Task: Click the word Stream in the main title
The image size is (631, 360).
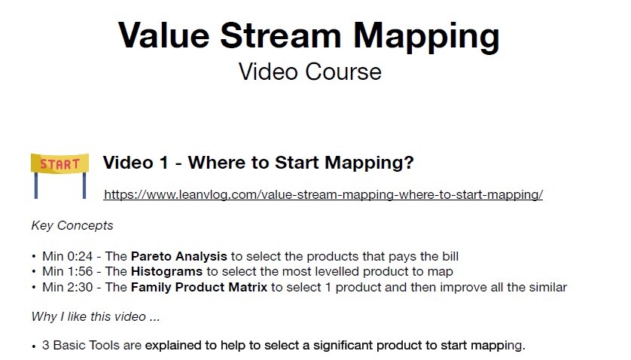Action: [x=281, y=35]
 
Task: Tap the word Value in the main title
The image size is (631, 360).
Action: [x=164, y=35]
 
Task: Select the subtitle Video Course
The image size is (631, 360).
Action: [x=310, y=72]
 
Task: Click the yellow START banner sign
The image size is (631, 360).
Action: [x=60, y=163]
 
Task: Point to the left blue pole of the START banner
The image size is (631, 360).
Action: [x=36, y=185]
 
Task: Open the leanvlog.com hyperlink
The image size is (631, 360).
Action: [x=323, y=194]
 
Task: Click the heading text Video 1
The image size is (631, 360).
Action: [x=136, y=163]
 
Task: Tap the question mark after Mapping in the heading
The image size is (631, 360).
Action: [x=408, y=162]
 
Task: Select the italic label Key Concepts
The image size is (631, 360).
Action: [x=72, y=225]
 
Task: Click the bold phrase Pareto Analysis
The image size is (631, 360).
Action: [x=179, y=257]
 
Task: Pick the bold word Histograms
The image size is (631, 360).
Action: [x=166, y=271]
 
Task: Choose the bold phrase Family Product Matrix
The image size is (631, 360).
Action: [x=200, y=287]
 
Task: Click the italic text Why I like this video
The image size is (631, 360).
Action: [x=89, y=316]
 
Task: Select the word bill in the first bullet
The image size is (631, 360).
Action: [x=450, y=257]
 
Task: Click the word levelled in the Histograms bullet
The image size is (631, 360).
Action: [x=337, y=271]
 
